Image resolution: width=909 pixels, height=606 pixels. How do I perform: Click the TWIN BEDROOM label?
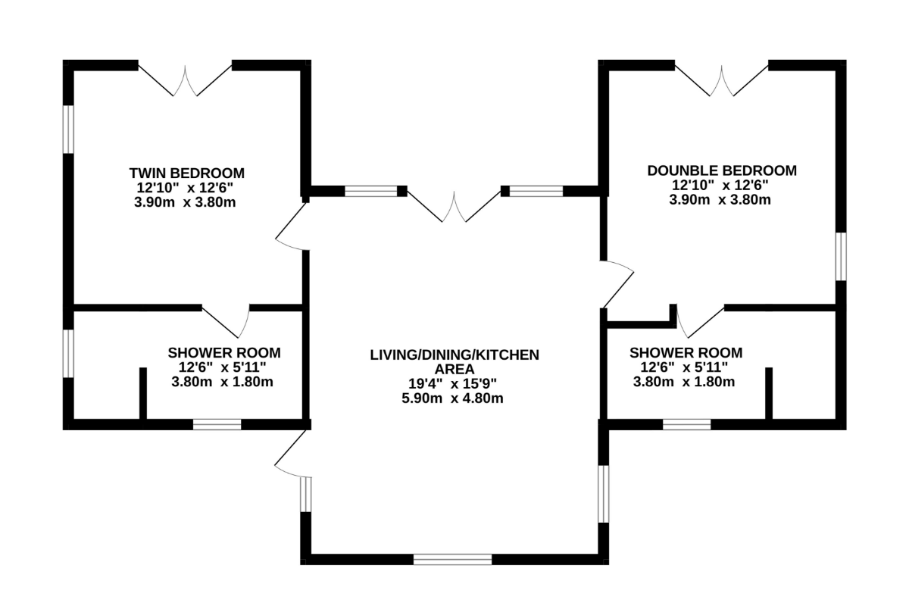click(x=186, y=173)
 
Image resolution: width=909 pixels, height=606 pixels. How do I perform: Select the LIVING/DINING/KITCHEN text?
click(x=454, y=355)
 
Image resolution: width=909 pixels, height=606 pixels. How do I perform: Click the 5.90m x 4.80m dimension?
click(x=452, y=398)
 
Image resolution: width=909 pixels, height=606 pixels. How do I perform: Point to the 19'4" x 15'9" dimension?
click(x=452, y=383)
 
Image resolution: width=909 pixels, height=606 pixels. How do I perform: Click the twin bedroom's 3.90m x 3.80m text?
click(x=185, y=201)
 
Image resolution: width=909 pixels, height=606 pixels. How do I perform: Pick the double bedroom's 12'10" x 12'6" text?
click(x=720, y=185)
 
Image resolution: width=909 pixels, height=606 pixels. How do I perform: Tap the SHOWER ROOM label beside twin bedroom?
click(x=224, y=353)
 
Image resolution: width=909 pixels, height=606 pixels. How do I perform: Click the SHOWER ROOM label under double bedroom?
click(x=686, y=353)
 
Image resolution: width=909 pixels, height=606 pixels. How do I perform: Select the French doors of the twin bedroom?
click(x=185, y=80)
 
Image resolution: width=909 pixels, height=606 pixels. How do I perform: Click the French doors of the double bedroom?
click(x=721, y=80)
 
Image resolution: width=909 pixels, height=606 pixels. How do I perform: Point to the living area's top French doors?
click(x=454, y=206)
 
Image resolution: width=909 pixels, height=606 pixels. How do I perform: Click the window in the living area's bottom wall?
click(x=452, y=559)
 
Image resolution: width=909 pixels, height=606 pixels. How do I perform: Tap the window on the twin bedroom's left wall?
click(x=68, y=130)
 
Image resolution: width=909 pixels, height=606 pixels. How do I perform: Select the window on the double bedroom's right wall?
click(x=841, y=257)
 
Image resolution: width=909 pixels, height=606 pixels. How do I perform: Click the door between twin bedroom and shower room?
click(x=226, y=321)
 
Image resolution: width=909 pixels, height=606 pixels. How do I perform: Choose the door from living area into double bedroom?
click(x=617, y=284)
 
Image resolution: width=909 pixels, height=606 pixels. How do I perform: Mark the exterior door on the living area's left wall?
click(x=293, y=454)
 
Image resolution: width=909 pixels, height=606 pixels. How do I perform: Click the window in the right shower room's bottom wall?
click(x=687, y=424)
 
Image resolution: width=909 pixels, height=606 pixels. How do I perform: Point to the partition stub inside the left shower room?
click(x=143, y=393)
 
